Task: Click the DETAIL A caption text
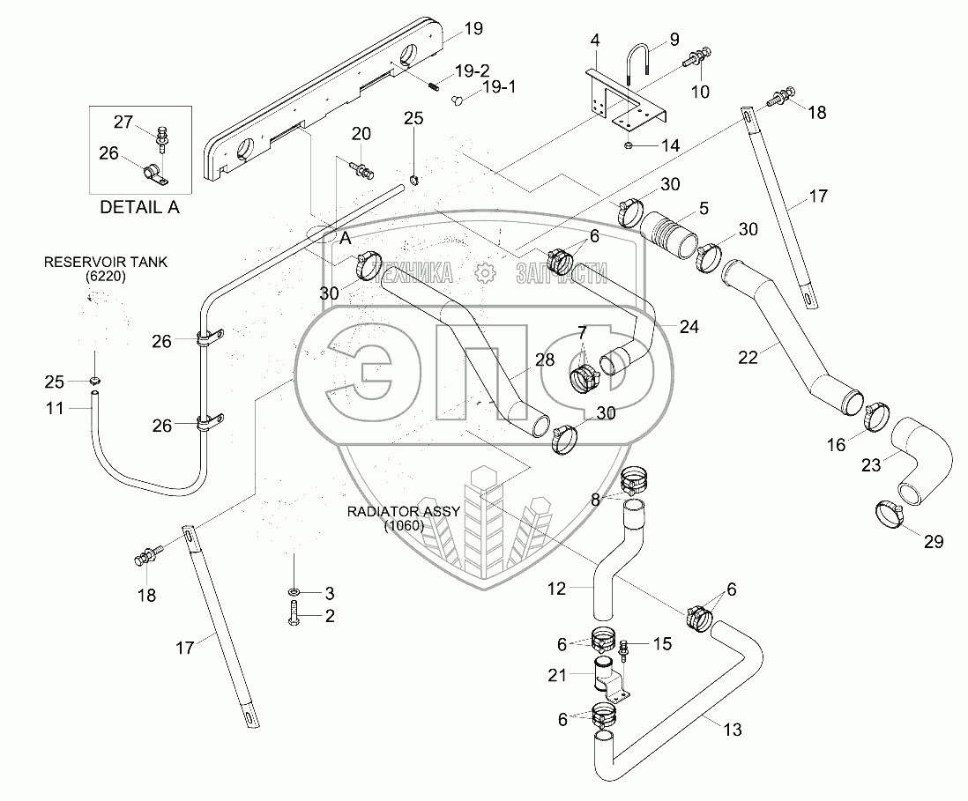[140, 209]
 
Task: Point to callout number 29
[933, 542]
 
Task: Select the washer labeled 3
[293, 590]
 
